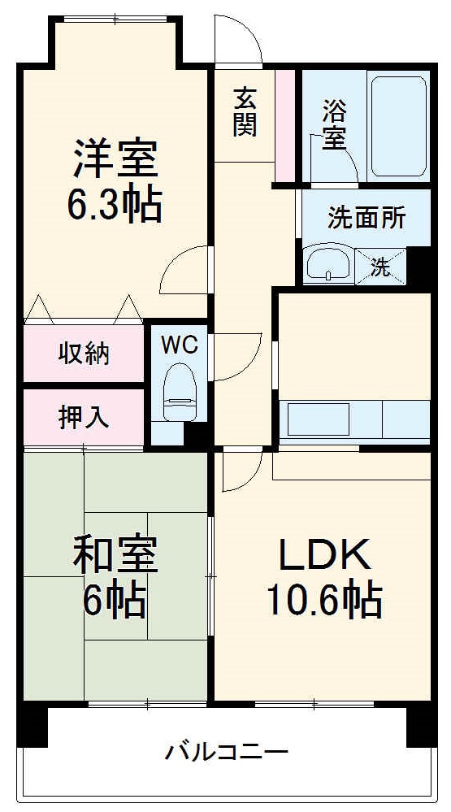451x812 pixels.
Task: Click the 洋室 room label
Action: (x=115, y=158)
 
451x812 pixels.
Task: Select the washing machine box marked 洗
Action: (x=380, y=266)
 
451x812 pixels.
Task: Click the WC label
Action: (x=179, y=345)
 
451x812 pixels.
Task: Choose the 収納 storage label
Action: (x=84, y=354)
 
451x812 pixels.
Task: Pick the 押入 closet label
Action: (x=84, y=417)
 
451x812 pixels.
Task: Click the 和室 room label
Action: (x=115, y=556)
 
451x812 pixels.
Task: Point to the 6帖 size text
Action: (x=115, y=601)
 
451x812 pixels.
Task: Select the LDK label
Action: (x=324, y=556)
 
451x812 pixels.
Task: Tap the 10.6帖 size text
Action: (x=324, y=601)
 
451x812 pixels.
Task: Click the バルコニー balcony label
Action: (x=227, y=750)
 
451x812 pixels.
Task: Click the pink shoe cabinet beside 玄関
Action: (x=284, y=126)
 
